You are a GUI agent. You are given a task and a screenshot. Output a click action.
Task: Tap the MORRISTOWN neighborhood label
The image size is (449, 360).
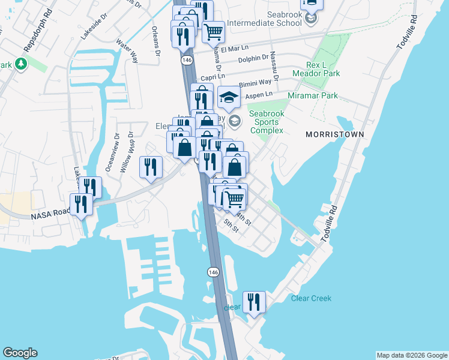point(334,134)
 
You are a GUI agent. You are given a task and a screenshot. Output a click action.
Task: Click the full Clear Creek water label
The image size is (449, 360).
point(311,298)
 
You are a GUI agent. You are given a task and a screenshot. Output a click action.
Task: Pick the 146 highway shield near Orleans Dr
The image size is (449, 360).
point(187,61)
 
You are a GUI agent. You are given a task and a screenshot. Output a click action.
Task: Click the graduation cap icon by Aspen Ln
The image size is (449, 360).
point(228,97)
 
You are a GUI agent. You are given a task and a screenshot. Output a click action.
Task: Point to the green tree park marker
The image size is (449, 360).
point(21,64)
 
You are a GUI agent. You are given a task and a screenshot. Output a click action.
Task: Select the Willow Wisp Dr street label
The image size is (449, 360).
point(126,153)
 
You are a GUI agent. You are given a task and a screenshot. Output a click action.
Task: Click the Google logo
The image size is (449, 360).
point(20,353)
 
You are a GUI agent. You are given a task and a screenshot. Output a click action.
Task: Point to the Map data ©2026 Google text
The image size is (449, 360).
point(411,355)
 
